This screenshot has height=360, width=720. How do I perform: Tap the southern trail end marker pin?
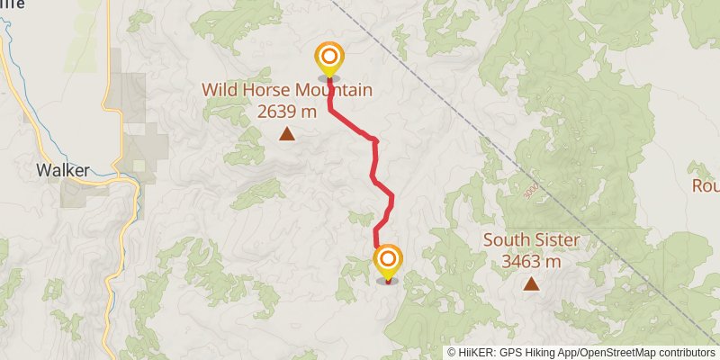tap(388, 261)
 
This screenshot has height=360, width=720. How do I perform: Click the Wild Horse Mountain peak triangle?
tap(287, 135)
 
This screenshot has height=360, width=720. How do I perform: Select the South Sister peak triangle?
tap(531, 285)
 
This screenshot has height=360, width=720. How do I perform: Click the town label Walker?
tap(62, 169)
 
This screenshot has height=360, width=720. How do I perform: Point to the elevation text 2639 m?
tap(287, 112)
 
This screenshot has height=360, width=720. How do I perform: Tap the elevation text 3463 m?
tap(531, 262)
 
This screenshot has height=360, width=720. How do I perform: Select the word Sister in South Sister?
tap(553, 240)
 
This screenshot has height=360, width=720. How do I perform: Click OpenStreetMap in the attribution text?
tap(621, 353)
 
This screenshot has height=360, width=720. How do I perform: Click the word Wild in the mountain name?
tap(219, 90)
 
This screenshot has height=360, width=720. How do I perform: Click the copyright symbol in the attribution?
tap(452, 353)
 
